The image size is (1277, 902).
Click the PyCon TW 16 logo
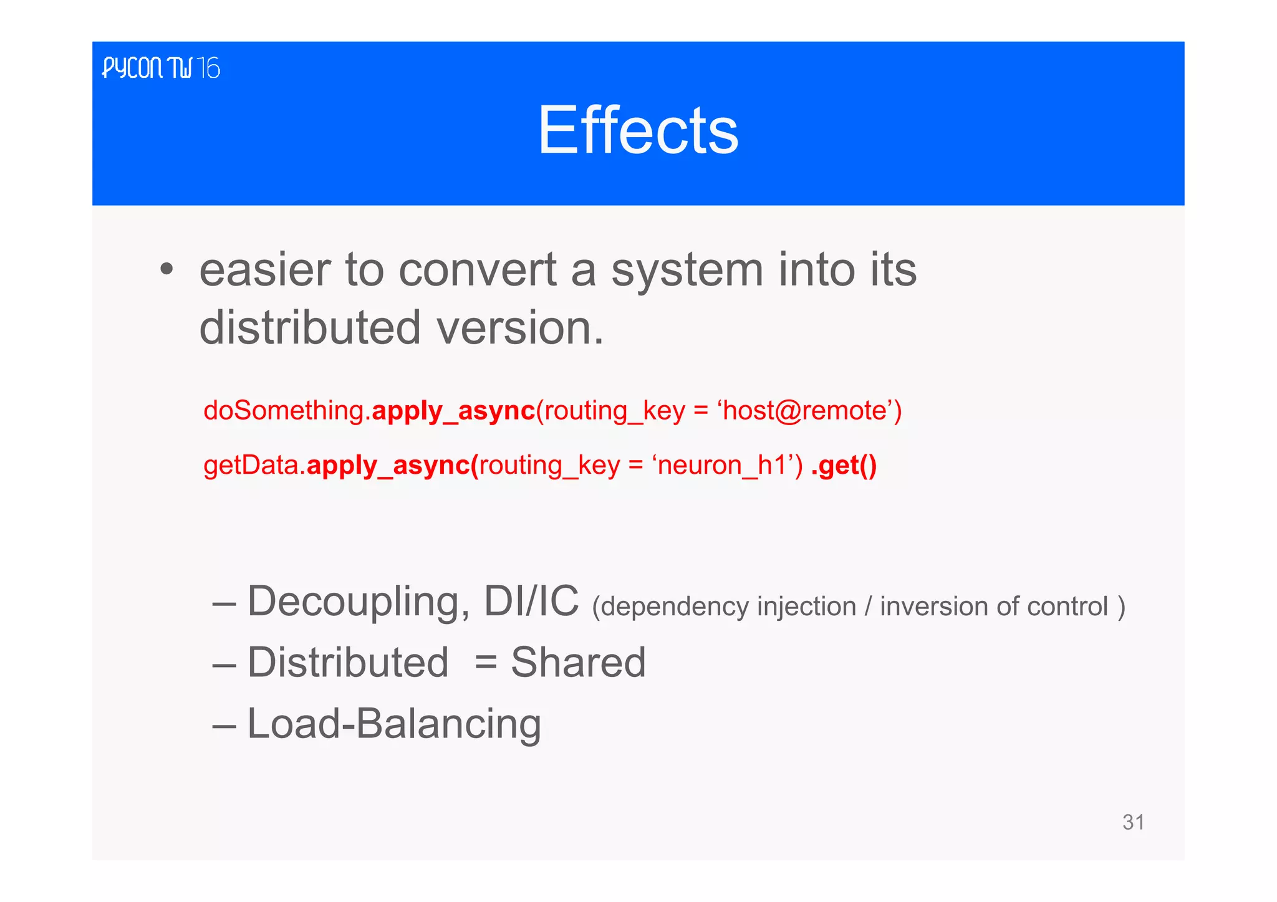pos(161,68)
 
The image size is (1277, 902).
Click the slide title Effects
pos(638,130)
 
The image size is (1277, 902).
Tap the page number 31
pos(1133,822)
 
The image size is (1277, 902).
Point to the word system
pos(687,271)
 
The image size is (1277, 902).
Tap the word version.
pos(519,328)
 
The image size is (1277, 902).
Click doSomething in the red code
pos(284,411)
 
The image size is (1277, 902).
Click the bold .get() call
pos(844,465)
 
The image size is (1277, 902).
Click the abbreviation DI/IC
pos(531,602)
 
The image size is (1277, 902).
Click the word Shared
pos(578,662)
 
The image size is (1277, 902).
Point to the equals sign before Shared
pos(485,663)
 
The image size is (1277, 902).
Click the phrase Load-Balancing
pos(394,724)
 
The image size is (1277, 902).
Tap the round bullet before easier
pos(166,271)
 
